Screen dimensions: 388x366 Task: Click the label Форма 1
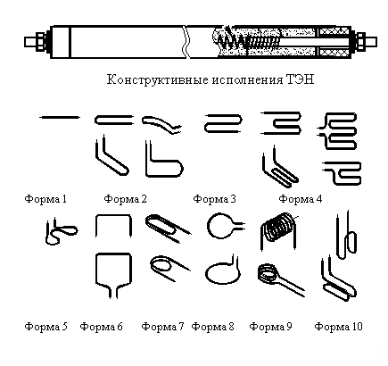point(45,199)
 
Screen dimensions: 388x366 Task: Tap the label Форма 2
point(126,199)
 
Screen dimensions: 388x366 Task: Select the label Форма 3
point(215,199)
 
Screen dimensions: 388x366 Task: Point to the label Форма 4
point(301,199)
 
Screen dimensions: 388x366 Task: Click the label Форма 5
point(46,327)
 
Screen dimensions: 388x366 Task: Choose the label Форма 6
point(102,327)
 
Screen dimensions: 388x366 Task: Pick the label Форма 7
point(163,327)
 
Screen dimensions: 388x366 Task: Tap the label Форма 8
point(213,327)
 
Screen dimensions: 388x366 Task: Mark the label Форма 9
point(271,327)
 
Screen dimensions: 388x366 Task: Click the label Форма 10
point(339,327)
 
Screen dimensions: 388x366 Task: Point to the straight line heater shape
point(60,118)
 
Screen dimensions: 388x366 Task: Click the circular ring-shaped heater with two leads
point(208,226)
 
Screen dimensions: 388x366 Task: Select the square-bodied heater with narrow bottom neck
point(96,268)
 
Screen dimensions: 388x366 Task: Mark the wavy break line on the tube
point(186,42)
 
